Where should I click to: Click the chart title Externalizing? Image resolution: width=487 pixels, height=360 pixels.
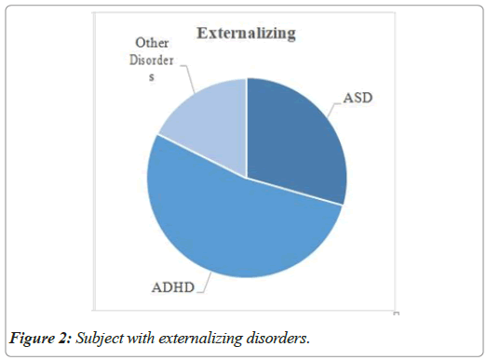[x=247, y=33]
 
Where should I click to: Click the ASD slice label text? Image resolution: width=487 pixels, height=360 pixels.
[x=358, y=98]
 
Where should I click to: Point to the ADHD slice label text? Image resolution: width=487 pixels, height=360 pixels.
[x=173, y=287]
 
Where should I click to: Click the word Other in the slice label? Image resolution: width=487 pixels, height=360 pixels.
[x=152, y=43]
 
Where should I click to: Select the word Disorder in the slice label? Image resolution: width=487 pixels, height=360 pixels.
[x=151, y=60]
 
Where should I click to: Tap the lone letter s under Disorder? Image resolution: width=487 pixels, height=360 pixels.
[x=152, y=77]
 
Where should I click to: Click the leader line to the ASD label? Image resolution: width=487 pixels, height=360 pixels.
[x=333, y=109]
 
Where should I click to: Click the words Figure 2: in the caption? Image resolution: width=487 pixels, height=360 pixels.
[x=40, y=338]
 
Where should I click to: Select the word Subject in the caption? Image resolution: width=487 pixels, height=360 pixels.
[x=100, y=338]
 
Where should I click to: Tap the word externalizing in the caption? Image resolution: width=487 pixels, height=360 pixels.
[x=200, y=338]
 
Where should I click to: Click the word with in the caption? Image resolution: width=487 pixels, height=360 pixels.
[x=141, y=338]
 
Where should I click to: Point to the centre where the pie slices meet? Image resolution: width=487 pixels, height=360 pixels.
[x=247, y=178]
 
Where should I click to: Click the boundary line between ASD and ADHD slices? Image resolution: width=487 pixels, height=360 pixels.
[x=294, y=192]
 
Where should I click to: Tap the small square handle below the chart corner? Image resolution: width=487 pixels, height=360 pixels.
[x=396, y=313]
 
